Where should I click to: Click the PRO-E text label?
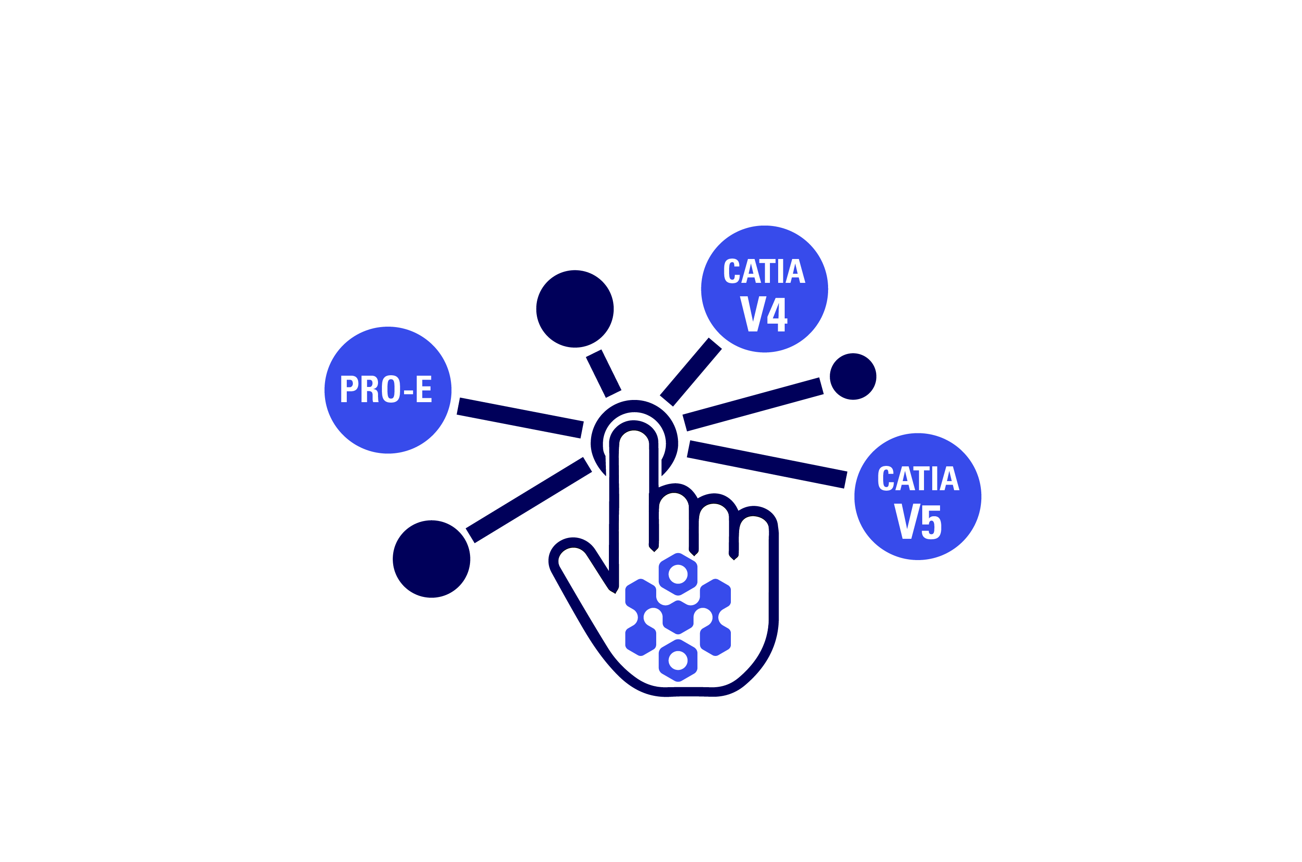[386, 389]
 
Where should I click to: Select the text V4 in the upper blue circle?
[764, 314]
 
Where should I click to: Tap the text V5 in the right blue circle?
[917, 521]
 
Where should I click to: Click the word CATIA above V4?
[764, 271]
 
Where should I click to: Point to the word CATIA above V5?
[918, 478]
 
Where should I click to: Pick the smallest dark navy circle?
[853, 377]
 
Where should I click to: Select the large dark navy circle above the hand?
[575, 309]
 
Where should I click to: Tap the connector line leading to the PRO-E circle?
[519, 418]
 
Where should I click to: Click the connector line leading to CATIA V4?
[690, 372]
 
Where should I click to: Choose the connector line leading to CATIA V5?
[766, 465]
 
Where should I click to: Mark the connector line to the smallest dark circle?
[753, 404]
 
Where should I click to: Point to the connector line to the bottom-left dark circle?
[528, 500]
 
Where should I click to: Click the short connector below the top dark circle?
[603, 374]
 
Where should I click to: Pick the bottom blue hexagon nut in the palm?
[678, 661]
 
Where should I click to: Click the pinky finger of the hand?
[754, 522]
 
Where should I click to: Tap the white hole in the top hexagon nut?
[678, 574]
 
